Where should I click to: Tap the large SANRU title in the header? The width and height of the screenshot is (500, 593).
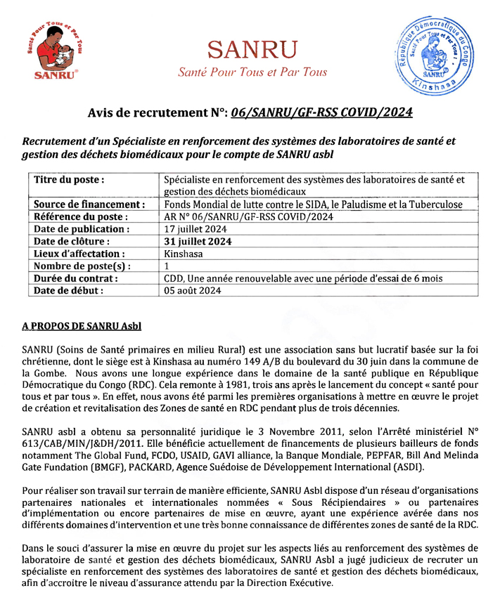pyautogui.click(x=252, y=48)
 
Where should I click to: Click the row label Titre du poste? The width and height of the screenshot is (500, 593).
pyautogui.click(x=70, y=179)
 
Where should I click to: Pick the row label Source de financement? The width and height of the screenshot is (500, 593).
pyautogui.click(x=89, y=204)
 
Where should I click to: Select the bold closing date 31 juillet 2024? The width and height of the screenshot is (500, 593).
pyautogui.click(x=197, y=241)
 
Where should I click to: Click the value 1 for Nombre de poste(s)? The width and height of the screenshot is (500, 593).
pyautogui.click(x=167, y=266)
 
